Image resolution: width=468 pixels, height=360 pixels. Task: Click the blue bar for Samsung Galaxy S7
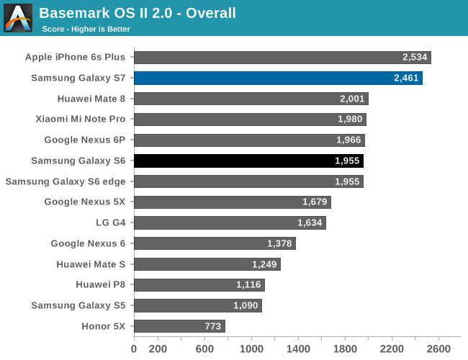tap(277, 78)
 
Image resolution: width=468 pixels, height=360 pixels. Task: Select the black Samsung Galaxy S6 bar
tap(248, 161)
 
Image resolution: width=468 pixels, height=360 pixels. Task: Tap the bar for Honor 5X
tap(179, 326)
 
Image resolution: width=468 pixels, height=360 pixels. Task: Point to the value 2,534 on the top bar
tap(415, 57)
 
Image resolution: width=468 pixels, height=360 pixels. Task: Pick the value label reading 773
tap(212, 326)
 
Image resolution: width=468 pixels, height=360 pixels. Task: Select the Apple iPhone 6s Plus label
tap(75, 57)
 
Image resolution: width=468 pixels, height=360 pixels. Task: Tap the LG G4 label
tap(110, 222)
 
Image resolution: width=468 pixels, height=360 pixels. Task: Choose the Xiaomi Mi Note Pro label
tap(80, 120)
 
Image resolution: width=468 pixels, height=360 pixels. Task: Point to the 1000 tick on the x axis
tap(251, 349)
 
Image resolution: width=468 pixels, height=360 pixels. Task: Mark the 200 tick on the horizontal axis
tap(158, 349)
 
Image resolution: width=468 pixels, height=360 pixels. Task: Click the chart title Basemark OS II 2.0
tap(138, 13)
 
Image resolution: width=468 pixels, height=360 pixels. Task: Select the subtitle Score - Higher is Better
tap(86, 29)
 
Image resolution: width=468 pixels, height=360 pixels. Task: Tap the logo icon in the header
tap(18, 18)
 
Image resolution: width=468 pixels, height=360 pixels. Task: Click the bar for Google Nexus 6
tap(215, 243)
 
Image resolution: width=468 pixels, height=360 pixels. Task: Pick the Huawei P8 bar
tap(199, 285)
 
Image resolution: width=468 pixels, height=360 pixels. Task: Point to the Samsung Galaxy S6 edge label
tap(66, 181)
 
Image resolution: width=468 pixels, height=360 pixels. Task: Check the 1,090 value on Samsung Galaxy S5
tap(246, 306)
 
